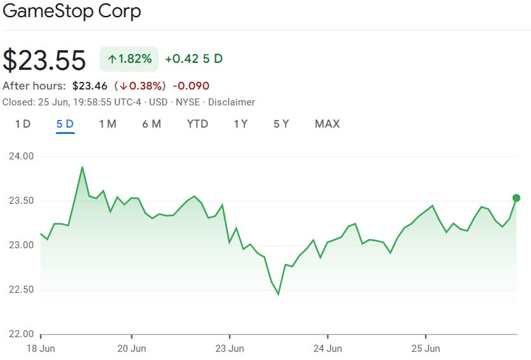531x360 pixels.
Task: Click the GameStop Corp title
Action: [72, 11]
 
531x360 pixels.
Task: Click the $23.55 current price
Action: [44, 60]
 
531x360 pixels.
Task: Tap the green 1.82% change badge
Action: [129, 59]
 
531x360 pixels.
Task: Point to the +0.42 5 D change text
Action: [193, 59]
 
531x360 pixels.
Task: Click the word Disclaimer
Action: [232, 102]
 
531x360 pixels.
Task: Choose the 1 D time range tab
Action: [23, 124]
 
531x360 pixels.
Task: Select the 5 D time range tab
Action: [65, 124]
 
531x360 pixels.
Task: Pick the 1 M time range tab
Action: [107, 124]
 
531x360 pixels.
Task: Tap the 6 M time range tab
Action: [152, 124]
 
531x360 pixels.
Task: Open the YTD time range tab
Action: [197, 124]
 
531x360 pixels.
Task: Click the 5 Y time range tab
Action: [281, 124]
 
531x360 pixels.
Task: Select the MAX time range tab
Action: [327, 124]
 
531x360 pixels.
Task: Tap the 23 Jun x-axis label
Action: [230, 348]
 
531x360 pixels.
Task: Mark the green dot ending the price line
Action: [516, 198]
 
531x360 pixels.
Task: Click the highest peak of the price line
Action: [82, 167]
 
